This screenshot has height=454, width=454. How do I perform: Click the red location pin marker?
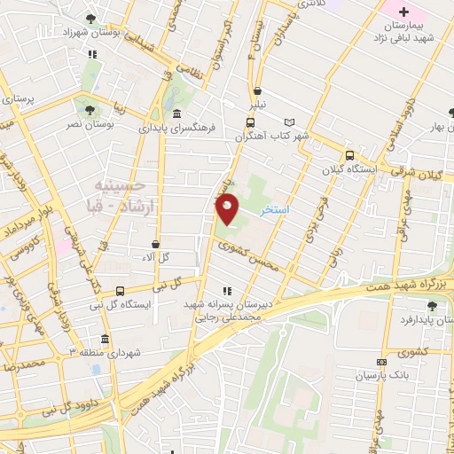pyautogui.click(x=228, y=209)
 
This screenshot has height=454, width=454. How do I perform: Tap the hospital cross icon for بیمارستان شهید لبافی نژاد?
pyautogui.click(x=403, y=12)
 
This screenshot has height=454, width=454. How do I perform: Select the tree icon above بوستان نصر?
pyautogui.click(x=90, y=109)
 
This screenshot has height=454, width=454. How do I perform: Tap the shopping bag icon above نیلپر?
pyautogui.click(x=257, y=90)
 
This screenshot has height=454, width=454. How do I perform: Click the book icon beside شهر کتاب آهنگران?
pyautogui.click(x=288, y=122)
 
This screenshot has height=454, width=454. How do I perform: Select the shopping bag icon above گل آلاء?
pyautogui.click(x=156, y=244)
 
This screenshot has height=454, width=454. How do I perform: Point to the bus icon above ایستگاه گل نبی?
pyautogui.click(x=120, y=289)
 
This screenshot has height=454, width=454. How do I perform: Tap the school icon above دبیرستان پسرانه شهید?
pyautogui.click(x=226, y=290)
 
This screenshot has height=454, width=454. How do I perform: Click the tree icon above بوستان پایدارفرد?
pyautogui.click(x=432, y=306)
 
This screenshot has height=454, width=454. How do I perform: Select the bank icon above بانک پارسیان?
pyautogui.click(x=381, y=362)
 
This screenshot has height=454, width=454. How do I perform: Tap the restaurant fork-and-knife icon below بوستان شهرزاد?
pyautogui.click(x=92, y=52)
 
